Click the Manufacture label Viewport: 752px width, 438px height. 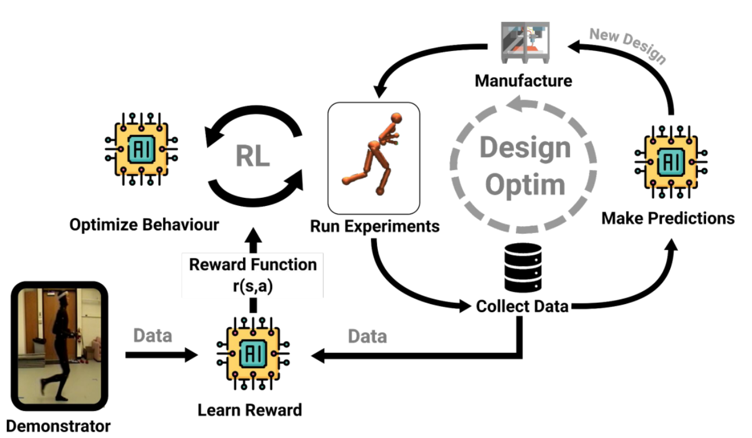pyautogui.click(x=523, y=80)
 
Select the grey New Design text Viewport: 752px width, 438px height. pyautogui.click(x=627, y=45)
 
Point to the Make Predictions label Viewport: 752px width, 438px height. pyautogui.click(x=668, y=218)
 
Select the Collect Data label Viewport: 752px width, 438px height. pyautogui.click(x=522, y=306)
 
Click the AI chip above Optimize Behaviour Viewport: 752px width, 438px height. pyautogui.click(x=141, y=149)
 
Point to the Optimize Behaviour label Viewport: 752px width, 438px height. pyautogui.click(x=144, y=225)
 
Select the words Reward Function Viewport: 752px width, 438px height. pyautogui.click(x=253, y=265)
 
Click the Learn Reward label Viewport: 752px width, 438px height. pyautogui.click(x=250, y=410)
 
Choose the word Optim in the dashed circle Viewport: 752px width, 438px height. pyautogui.click(x=525, y=185)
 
